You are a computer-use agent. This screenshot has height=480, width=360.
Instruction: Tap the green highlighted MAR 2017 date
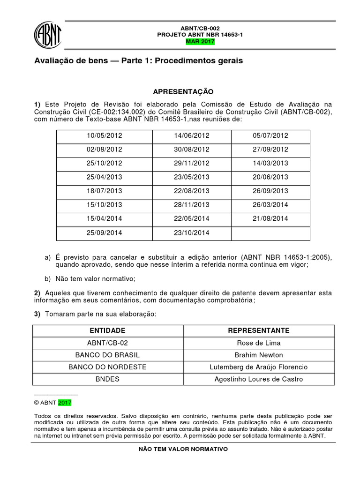pos(200,42)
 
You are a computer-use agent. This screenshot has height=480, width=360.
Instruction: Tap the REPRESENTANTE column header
pos(258,330)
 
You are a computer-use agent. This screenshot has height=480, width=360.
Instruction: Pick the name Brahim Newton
pos(258,355)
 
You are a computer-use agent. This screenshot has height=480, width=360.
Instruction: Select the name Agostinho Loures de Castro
pos(258,379)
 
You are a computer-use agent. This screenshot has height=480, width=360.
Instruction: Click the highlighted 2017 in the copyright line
pos(65,402)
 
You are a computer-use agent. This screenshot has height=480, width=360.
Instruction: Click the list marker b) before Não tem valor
pos(47,279)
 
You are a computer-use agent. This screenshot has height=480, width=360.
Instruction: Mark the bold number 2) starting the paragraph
pos(37,293)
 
